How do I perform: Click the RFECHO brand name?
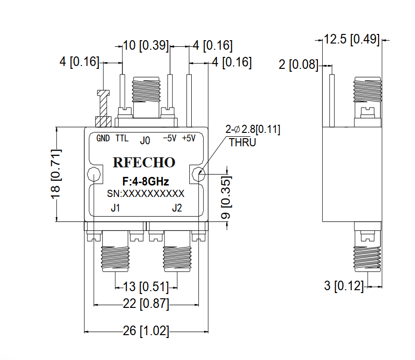point(144,163)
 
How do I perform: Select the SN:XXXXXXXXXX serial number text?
point(145,193)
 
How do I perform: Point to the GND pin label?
point(103,139)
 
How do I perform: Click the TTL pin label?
point(122,139)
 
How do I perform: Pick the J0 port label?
point(145,141)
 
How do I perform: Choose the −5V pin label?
point(170,139)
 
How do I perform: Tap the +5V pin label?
point(189,139)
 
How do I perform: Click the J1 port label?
point(115,208)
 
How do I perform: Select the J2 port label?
point(177,208)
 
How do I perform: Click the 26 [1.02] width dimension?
point(146,331)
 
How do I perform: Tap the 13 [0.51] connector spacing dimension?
point(146,287)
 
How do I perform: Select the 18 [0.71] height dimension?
point(57,174)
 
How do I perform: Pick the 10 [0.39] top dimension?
point(146,46)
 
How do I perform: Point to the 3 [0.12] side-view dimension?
point(344,286)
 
